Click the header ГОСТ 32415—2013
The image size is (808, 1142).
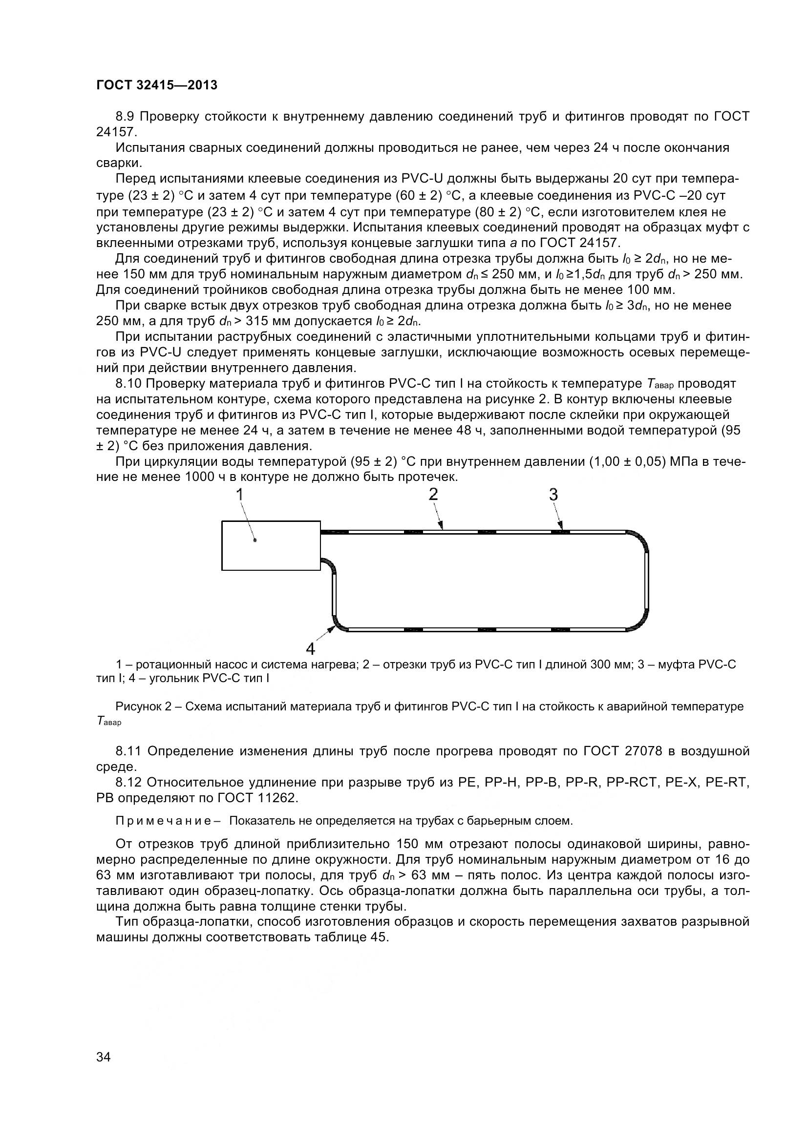(x=157, y=85)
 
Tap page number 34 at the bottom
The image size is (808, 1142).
(x=104, y=1070)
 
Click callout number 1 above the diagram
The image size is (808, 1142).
(x=239, y=495)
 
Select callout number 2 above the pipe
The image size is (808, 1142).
(x=433, y=495)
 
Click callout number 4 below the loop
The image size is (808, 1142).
(x=310, y=648)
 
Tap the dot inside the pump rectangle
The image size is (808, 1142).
(x=255, y=540)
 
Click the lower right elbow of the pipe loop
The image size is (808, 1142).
(x=639, y=622)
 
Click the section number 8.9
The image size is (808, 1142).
(x=126, y=117)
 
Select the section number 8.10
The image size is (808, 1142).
(x=128, y=384)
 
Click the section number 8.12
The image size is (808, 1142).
(x=128, y=782)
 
